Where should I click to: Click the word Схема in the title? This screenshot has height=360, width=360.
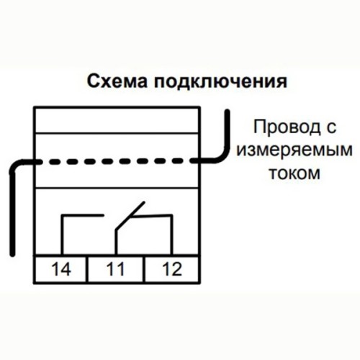coord(117,81)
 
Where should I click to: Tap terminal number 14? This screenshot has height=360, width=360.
coord(61,269)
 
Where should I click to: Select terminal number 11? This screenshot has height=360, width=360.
coord(115,269)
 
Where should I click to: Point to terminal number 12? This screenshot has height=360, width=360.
coord(172,269)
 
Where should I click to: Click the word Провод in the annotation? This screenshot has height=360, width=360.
coord(287,128)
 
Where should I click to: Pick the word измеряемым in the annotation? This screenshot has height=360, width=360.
coord(294,150)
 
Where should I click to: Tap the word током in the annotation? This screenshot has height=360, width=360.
coord(294,173)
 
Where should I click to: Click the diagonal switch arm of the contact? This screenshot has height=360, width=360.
coord(130,216)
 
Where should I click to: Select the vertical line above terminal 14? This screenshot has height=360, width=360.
coord(63,235)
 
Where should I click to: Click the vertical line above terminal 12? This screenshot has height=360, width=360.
coord(171,235)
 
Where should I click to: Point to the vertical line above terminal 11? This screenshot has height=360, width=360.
coord(116,243)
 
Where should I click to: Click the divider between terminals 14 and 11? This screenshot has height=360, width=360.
coord(86,269)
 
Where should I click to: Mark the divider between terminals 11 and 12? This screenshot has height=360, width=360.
coord(144,269)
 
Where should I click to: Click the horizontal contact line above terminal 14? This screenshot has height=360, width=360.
coord(83,215)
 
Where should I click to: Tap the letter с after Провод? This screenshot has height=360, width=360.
coord(331,128)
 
